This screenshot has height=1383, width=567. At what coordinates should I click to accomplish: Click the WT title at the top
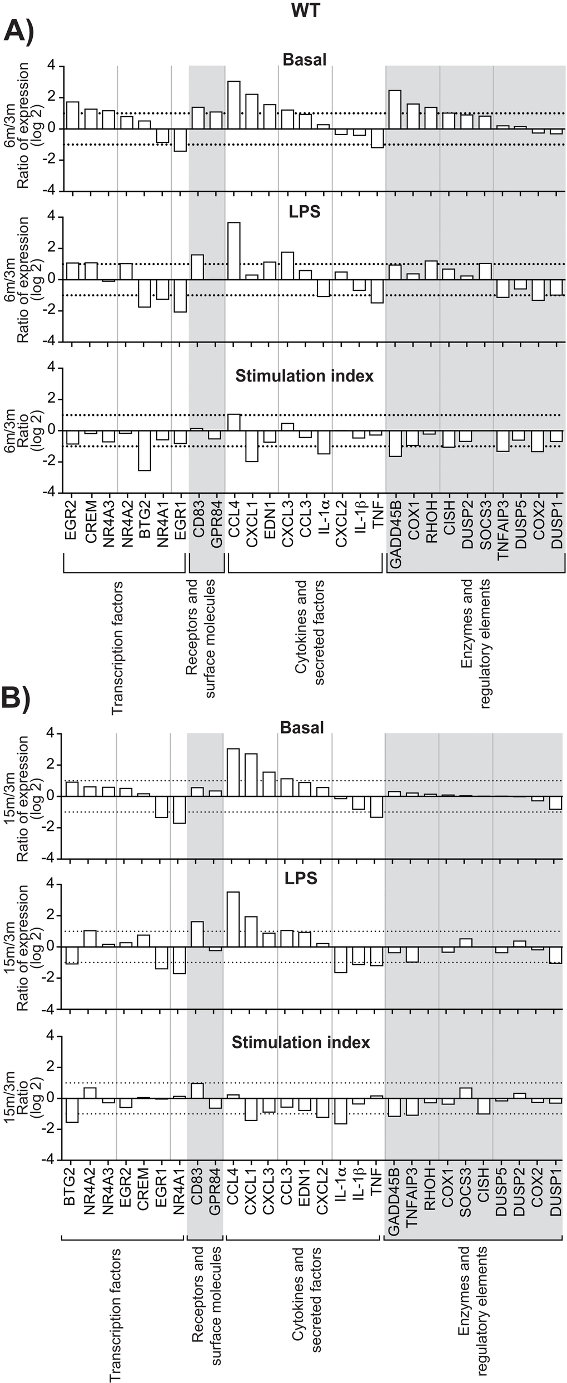pyautogui.click(x=305, y=10)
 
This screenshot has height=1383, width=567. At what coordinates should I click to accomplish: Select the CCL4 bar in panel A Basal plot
pyautogui.click(x=234, y=105)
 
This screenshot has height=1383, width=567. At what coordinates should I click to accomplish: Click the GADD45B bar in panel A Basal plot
pyautogui.click(x=395, y=110)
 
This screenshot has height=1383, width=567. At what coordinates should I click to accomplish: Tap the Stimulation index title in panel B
pyautogui.click(x=301, y=1042)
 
